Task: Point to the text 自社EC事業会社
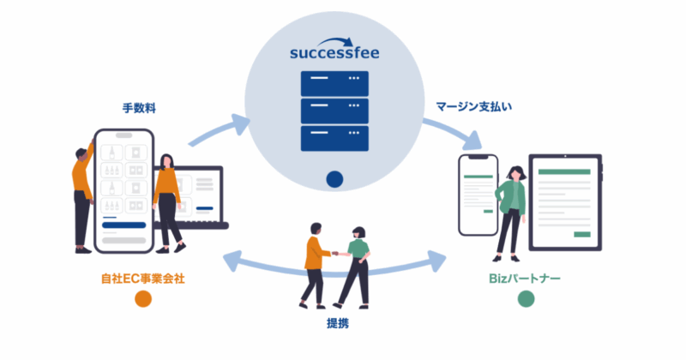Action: point(141,279)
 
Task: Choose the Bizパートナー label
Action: point(526,279)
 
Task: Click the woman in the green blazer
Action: point(512,210)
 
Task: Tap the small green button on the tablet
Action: point(583,233)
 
